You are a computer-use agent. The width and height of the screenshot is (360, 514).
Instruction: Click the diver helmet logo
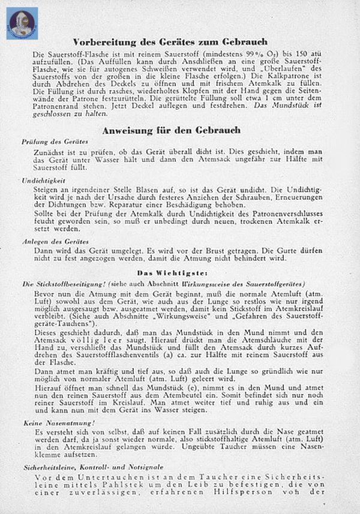(23, 23)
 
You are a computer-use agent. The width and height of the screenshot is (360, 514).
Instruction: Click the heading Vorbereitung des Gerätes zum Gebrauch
(171, 42)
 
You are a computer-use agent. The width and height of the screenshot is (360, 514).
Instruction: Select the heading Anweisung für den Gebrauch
(171, 130)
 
